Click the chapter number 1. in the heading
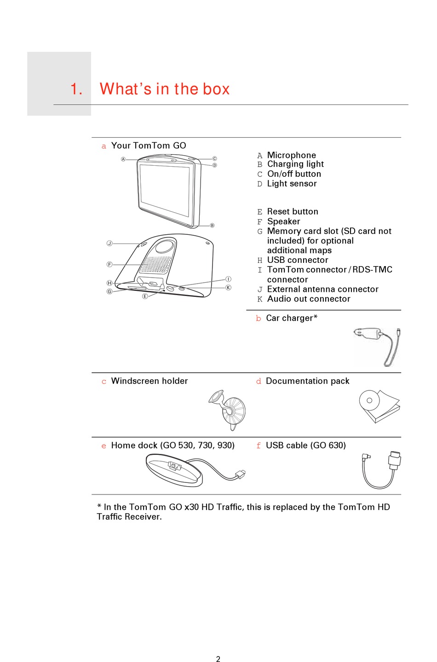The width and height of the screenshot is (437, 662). [x=76, y=89]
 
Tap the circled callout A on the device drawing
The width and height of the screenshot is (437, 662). [x=123, y=159]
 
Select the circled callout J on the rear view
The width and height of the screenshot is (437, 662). [x=109, y=243]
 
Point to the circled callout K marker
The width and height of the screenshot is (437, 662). [x=228, y=288]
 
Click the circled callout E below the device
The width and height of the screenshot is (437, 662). [x=145, y=296]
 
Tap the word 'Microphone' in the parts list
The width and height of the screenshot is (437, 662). [x=291, y=155]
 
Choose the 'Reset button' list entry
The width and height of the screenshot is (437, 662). [x=293, y=212]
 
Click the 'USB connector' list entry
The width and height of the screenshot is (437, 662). [x=298, y=260]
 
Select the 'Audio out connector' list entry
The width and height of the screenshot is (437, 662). [x=309, y=299]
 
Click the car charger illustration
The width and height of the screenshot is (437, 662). [x=377, y=345]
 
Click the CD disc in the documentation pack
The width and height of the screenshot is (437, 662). [x=369, y=401]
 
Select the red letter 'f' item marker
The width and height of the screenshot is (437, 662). [x=259, y=446]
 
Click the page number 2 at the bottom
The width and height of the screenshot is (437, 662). [x=218, y=659]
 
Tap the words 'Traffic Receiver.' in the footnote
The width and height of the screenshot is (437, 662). [x=129, y=517]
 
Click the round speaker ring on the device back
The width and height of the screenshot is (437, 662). [x=164, y=246]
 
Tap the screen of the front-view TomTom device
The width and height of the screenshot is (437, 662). [x=164, y=190]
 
